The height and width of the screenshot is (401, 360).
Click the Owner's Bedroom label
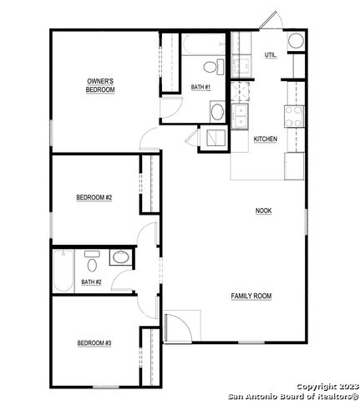click(100, 85)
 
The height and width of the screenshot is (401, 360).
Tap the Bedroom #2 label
click(94, 197)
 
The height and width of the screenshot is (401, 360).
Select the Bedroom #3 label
click(94, 343)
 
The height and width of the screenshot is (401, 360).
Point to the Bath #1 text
click(200, 87)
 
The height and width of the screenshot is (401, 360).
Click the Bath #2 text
click(91, 282)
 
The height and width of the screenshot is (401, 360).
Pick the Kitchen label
click(266, 139)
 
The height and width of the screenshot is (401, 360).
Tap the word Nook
click(264, 211)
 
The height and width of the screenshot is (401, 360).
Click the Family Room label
click(251, 296)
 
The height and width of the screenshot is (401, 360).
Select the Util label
click(271, 55)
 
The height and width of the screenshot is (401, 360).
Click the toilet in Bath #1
click(214, 67)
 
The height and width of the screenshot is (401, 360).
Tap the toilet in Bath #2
click(92, 261)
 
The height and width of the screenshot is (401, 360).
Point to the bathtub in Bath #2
click(63, 271)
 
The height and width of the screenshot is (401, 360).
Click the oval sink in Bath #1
click(217, 112)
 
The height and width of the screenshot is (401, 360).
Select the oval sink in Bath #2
click(120, 257)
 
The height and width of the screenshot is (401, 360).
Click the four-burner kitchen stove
click(294, 117)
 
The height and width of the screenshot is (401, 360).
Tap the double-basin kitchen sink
click(240, 116)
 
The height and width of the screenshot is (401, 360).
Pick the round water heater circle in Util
click(296, 41)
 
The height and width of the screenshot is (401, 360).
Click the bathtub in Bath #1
click(204, 44)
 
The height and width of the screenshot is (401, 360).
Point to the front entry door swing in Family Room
click(178, 327)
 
